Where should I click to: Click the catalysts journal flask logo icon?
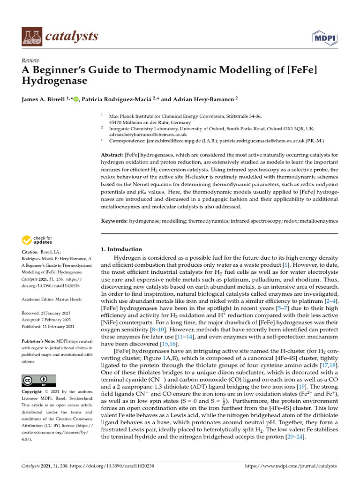pos(31,36)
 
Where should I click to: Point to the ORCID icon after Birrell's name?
pos(76,99)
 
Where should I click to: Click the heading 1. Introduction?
pos(121,249)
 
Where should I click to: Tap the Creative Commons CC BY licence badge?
pos(39,381)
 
